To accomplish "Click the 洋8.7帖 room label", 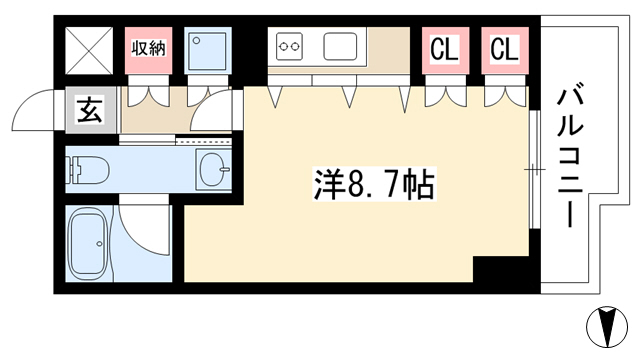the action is coord(374,184).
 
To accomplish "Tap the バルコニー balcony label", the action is coord(570,156).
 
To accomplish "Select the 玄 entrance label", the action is coord(89,110).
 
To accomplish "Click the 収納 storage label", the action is coord(149,49).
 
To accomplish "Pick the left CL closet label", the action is coord(445,49).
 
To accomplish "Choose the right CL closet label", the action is coord(504,49).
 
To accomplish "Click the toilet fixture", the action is coord(88,169).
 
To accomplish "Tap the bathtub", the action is coord(89,244).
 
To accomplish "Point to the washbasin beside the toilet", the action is coord(213,169).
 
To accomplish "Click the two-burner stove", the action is coord(289,47).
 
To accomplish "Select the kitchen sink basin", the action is coord(340,47).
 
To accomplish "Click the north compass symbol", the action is coord(607,327).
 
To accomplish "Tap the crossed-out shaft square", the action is coord(89,51).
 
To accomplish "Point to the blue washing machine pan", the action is coord(208,51).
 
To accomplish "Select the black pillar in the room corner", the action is coord(501,269).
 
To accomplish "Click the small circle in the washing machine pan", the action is coord(197,40).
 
